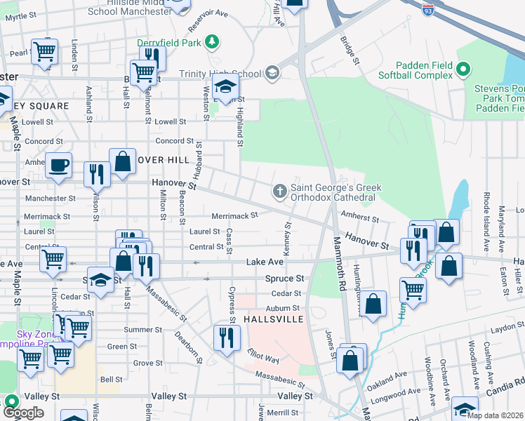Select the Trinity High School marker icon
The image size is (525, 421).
click(272, 73)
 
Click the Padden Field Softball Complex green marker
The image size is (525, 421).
click(463, 69)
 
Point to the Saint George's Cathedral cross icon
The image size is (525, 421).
click(279, 191)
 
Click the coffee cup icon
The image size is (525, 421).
click(58, 166)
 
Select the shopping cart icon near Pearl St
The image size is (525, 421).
click(44, 51)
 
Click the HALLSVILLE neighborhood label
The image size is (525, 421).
click(273, 319)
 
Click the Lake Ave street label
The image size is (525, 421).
click(265, 262)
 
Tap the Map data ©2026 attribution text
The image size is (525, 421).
click(494, 415)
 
